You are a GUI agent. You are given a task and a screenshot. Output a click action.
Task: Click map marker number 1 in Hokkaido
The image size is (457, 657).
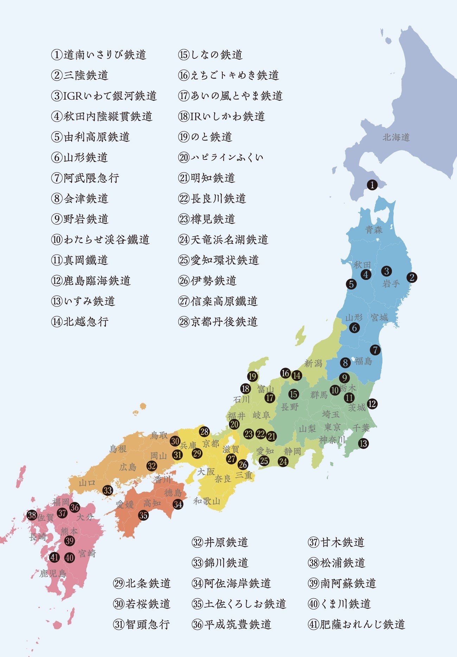coord(372,185)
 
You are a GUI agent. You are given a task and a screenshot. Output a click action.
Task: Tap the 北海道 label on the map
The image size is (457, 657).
coord(396,137)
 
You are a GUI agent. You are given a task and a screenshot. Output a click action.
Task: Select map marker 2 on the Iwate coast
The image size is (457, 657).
coord(412,277)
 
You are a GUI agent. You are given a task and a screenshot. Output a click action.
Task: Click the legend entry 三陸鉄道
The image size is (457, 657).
coord(80,75)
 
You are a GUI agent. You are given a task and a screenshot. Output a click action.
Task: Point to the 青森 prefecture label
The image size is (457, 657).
coord(374,230)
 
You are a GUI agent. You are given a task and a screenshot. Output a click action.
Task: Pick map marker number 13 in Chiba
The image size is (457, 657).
coord(363,443)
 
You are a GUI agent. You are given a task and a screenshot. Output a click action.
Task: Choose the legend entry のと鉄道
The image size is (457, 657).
coord(205,137)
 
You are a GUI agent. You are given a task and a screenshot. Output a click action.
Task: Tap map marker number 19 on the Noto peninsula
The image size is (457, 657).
coord(253,377)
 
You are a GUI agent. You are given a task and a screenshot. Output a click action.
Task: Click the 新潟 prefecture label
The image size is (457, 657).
coord(313,363)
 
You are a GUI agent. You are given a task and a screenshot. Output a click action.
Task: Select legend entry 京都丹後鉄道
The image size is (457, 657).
coord(218,322)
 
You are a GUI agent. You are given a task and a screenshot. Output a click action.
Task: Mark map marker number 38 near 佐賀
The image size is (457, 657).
coord(32,515)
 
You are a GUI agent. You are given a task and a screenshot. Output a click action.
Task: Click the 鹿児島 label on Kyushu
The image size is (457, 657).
coord(53,574)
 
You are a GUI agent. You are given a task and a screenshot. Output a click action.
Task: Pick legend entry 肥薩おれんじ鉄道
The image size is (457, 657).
coord(356,624)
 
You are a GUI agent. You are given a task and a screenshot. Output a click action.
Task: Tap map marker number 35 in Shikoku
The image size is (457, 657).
coord(143,515)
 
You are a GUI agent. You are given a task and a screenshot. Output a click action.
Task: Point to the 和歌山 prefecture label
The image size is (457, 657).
coord(207,501)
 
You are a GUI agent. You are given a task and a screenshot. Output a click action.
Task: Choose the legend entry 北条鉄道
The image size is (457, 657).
coord(142,583)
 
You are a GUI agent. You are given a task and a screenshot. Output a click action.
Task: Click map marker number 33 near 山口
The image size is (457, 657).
coord(108,490)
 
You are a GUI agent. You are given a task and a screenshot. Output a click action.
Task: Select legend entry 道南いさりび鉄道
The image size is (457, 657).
coord(99,55)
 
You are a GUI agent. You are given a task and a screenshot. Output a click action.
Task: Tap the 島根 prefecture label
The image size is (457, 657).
coord(118,449)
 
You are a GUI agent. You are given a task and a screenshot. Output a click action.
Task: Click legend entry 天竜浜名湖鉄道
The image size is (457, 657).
coord(223,240)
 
